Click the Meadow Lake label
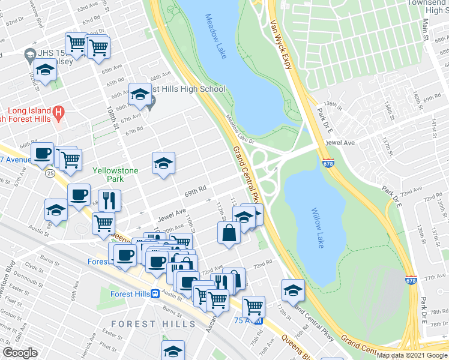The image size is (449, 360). coord(215,36)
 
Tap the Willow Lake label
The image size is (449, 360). coord(318,228)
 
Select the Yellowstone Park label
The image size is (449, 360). coord(115,175)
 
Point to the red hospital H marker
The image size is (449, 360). coord(58,111)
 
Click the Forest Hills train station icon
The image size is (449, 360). coord(155,294)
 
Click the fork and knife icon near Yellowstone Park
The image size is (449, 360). coord(109,200)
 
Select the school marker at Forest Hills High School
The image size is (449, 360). coord(140,95)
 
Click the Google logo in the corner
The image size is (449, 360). coord(20,353)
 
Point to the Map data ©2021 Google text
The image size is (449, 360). coord(412,355)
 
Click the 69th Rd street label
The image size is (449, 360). coord(196,188)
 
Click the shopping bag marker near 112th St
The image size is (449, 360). coord(229,233)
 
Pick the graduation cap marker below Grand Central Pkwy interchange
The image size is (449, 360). coord(292,291)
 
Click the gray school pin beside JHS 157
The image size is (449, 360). coord(29,55)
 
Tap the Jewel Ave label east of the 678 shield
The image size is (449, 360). coord(337,143)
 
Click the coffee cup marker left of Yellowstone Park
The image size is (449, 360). coord(43,154)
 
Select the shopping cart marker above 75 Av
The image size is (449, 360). coord(253,307)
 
